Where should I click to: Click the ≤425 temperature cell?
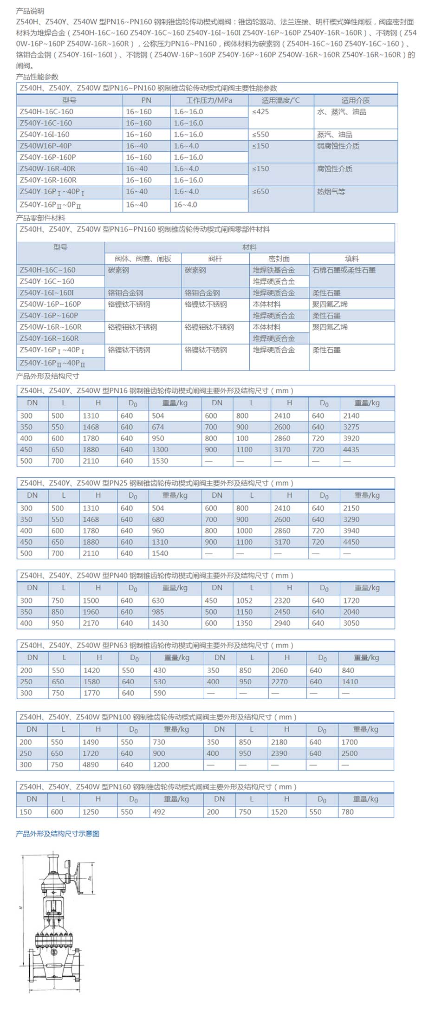click(x=260, y=112)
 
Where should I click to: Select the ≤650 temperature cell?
click(x=260, y=192)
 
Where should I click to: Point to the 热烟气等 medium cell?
click(x=331, y=192)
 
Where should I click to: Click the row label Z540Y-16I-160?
click(x=45, y=135)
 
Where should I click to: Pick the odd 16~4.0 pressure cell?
click(x=185, y=205)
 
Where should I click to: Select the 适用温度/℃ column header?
click(x=280, y=100)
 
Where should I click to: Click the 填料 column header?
click(x=351, y=259)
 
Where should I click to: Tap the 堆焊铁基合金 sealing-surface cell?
click(x=273, y=270)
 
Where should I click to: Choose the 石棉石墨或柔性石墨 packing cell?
click(x=344, y=270)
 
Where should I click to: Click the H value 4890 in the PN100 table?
click(x=91, y=765)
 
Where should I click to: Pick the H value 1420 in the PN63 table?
click(x=91, y=670)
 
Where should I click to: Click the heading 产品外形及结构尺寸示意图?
click(x=58, y=834)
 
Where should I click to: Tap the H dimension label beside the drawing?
click(x=21, y=907)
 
